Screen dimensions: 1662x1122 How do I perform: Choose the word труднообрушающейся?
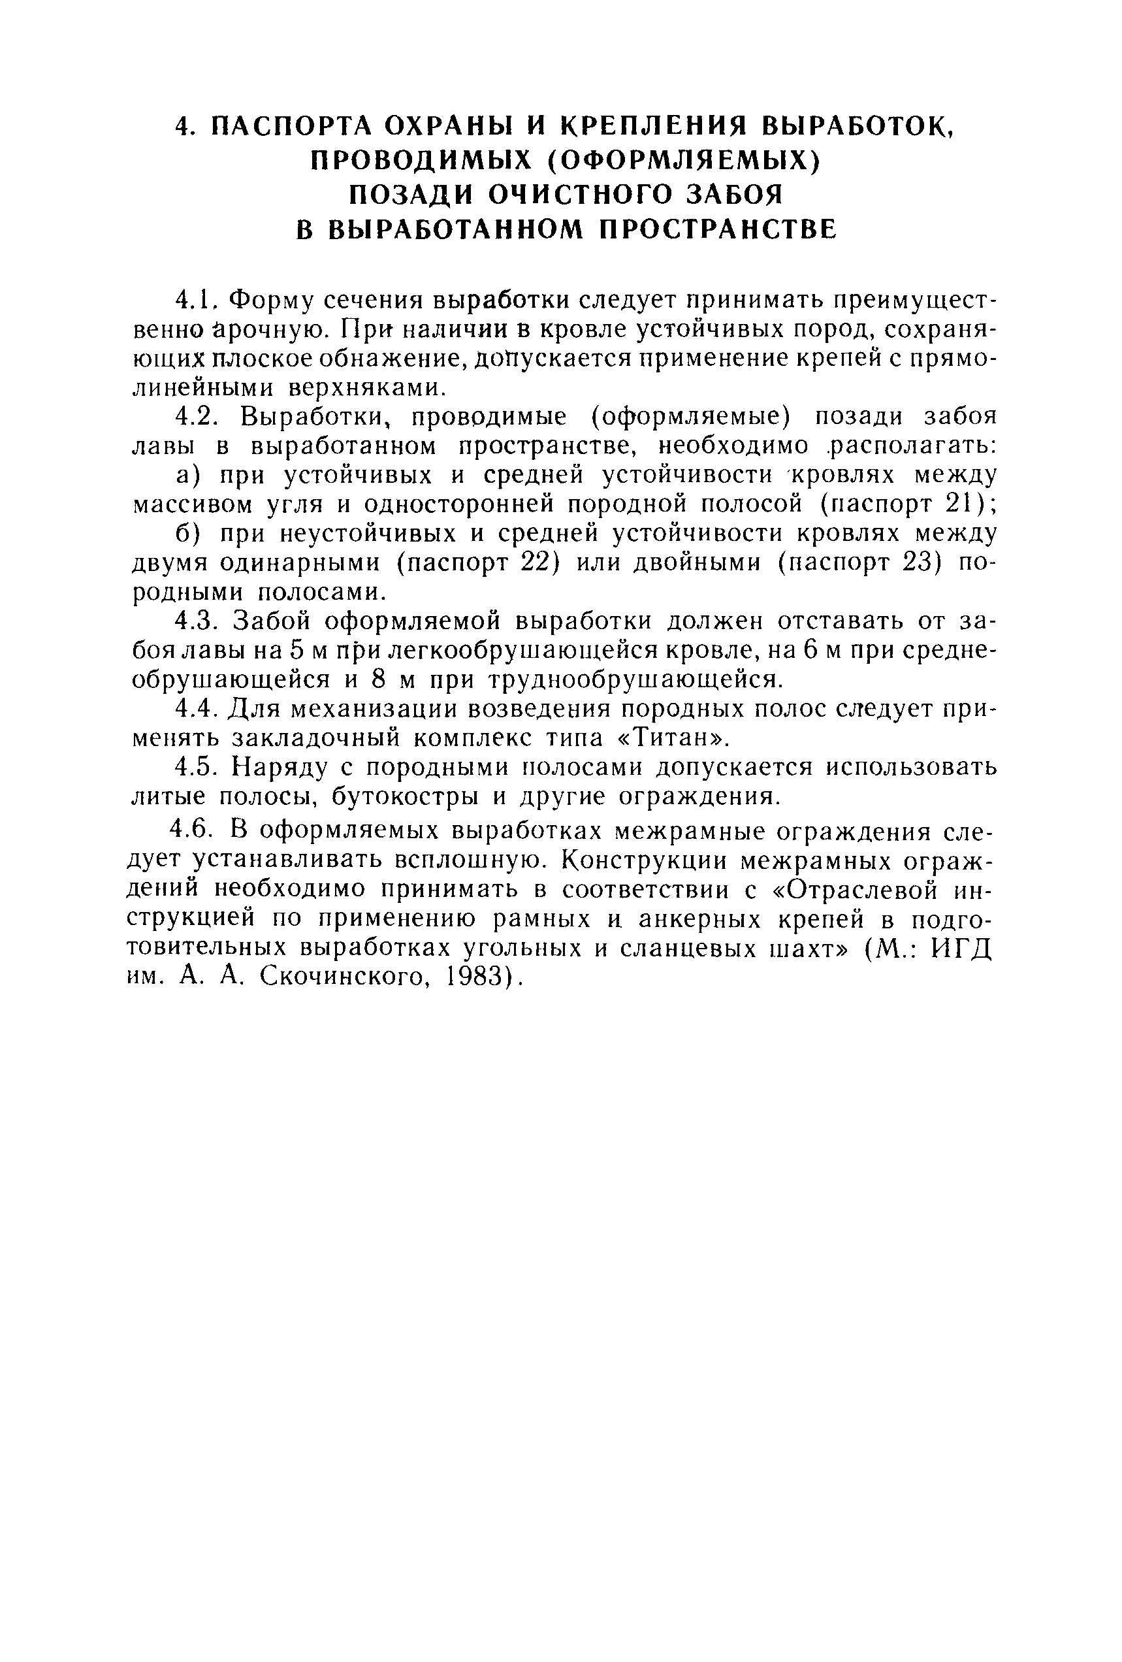630,679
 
